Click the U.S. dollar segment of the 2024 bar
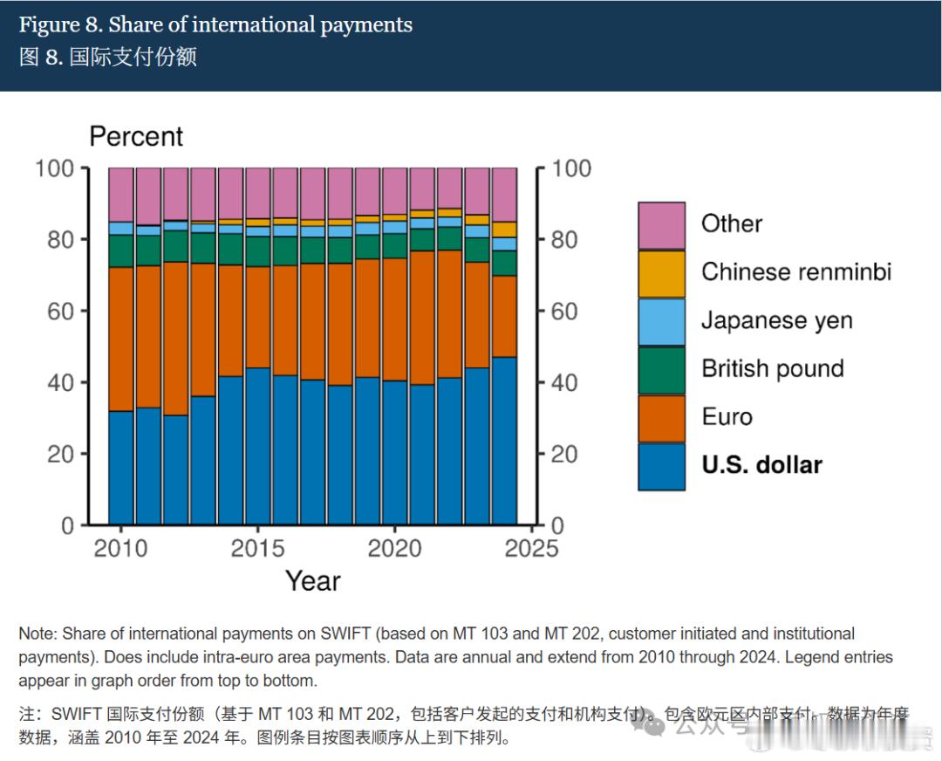tap(504, 441)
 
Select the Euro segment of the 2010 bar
tap(121, 339)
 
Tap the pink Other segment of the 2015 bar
tap(258, 192)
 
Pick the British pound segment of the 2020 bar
tap(395, 245)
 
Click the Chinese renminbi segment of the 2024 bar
tap(504, 230)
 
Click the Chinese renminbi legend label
tap(796, 272)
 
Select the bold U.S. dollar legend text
tap(761, 465)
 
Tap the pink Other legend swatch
tap(661, 225)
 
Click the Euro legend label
tap(727, 416)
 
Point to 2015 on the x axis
tap(257, 548)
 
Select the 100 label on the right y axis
tap(571, 168)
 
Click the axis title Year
tap(313, 581)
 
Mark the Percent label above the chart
tap(136, 137)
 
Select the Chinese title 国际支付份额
tap(133, 57)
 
